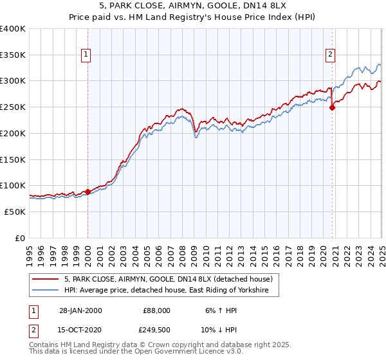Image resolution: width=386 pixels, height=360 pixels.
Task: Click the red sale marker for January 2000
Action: coord(88,192)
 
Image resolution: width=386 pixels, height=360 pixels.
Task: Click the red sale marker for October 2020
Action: coord(333,108)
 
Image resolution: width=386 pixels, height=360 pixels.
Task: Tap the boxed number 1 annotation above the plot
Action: coord(86,55)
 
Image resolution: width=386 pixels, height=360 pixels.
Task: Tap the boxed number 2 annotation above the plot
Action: coord(330,55)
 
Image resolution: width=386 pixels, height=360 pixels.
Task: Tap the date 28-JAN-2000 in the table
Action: coord(80,310)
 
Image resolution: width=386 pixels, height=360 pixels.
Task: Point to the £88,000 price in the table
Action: coord(156,310)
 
